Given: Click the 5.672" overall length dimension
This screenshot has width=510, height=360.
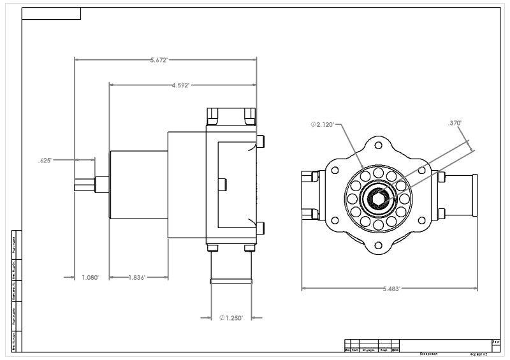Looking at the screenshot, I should [159, 60].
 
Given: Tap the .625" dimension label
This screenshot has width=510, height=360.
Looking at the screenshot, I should [44, 161].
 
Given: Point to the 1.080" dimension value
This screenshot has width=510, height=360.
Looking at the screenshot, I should [91, 277].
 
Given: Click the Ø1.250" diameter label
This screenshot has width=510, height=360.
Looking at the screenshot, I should [231, 317].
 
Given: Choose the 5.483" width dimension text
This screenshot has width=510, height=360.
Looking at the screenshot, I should [391, 289].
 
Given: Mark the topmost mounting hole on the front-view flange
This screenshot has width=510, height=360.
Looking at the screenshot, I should [378, 145].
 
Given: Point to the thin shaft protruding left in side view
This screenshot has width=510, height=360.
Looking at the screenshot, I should [85, 184].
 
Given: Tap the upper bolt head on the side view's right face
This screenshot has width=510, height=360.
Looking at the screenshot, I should [260, 141].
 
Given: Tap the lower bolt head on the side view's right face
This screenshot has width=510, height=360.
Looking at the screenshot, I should [260, 227].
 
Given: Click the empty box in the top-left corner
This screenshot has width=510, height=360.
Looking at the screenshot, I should [52, 13].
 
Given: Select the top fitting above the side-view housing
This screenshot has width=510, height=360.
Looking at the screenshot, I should [231, 116].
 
